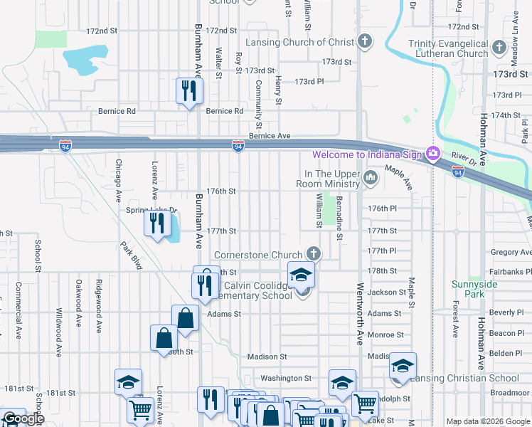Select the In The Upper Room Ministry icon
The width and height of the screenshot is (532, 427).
[370, 178]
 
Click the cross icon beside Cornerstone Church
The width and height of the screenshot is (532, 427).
[312, 254]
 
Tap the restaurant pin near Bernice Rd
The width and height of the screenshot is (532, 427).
[189, 90]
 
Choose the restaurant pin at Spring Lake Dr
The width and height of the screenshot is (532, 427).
[154, 223]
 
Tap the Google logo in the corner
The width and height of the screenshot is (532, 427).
[23, 418]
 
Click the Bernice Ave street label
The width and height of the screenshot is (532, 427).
[270, 136]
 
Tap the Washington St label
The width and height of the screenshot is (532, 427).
[286, 379]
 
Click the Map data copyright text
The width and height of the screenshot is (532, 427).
[488, 421]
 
